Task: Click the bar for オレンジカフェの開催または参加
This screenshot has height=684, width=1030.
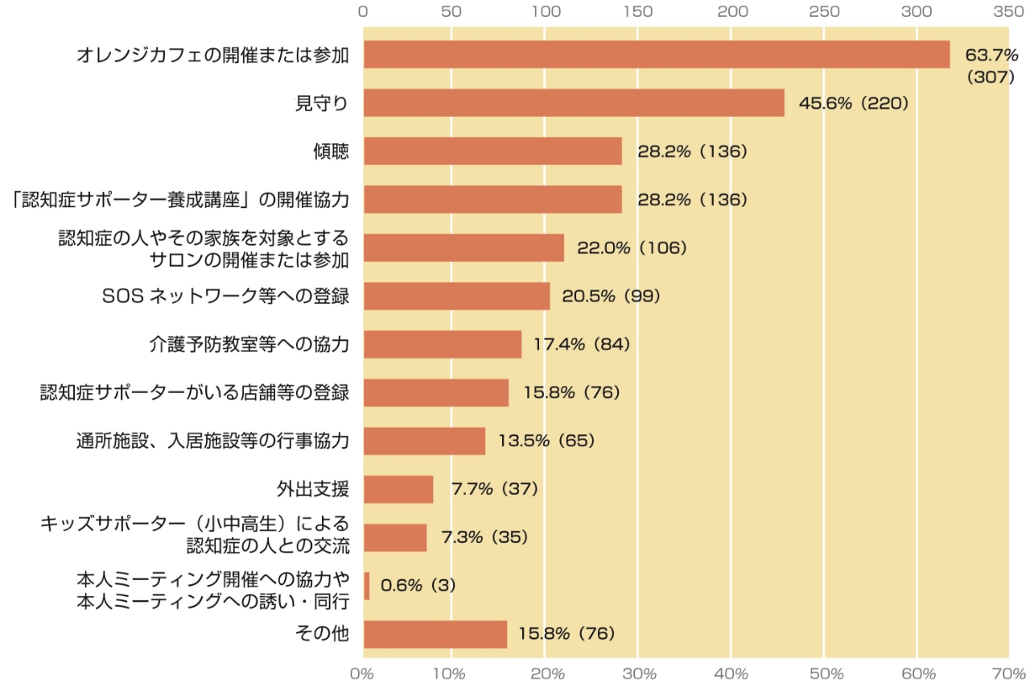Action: pyautogui.click(x=656, y=55)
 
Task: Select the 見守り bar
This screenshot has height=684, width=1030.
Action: pyautogui.click(x=573, y=103)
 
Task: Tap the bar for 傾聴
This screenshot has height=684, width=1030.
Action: pyautogui.click(x=492, y=151)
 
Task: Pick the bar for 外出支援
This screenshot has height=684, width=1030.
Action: pyautogui.click(x=398, y=489)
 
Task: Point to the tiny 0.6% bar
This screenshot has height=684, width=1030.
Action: pyautogui.click(x=366, y=586)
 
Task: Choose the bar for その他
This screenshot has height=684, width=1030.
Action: pyautogui.click(x=435, y=634)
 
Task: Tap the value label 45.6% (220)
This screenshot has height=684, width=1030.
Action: pyautogui.click(x=853, y=103)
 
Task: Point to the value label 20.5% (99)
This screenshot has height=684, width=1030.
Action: pyautogui.click(x=611, y=296)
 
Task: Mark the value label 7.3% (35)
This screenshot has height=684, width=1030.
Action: pyautogui.click(x=484, y=537)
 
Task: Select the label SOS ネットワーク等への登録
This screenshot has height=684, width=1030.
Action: pyautogui.click(x=225, y=296)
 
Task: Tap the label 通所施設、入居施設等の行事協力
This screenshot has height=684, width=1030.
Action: pyautogui.click(x=212, y=441)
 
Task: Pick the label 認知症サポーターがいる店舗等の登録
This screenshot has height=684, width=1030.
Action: pyautogui.click(x=194, y=392)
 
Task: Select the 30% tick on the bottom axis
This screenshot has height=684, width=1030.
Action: pyautogui.click(x=638, y=672)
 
